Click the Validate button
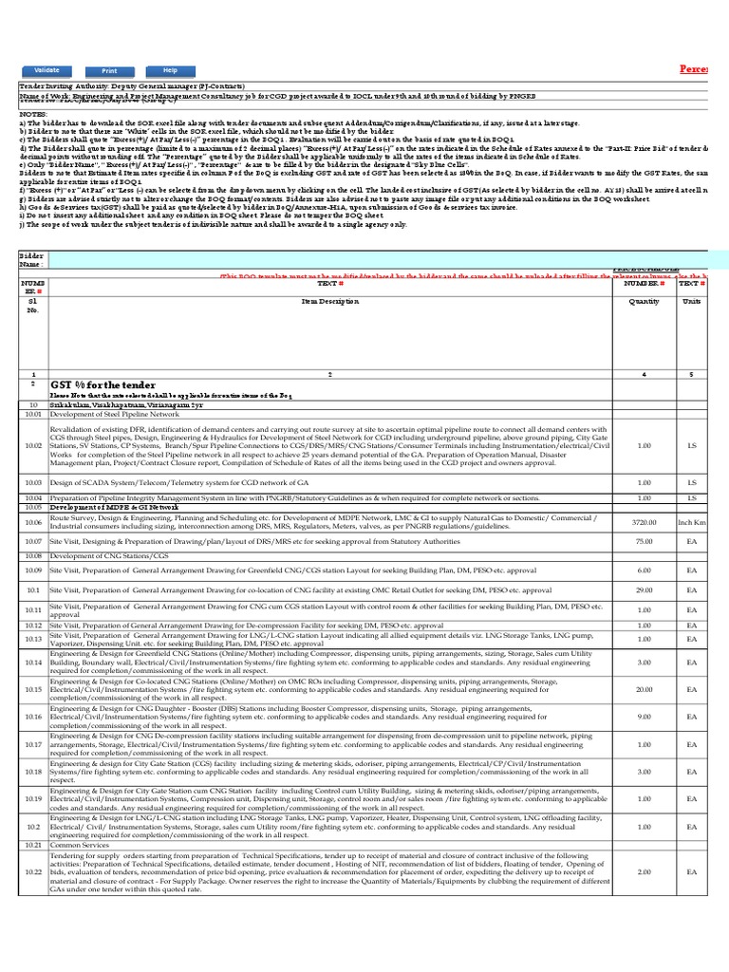pos(47,71)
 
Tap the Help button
pos(170,71)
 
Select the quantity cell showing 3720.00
pos(644,522)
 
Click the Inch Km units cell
pos(692,522)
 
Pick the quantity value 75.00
pos(644,540)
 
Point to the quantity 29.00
pos(644,589)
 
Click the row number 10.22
pos(33,871)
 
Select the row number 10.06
pos(33,522)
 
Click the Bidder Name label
pos(33,259)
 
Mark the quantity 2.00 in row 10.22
pos(644,871)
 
